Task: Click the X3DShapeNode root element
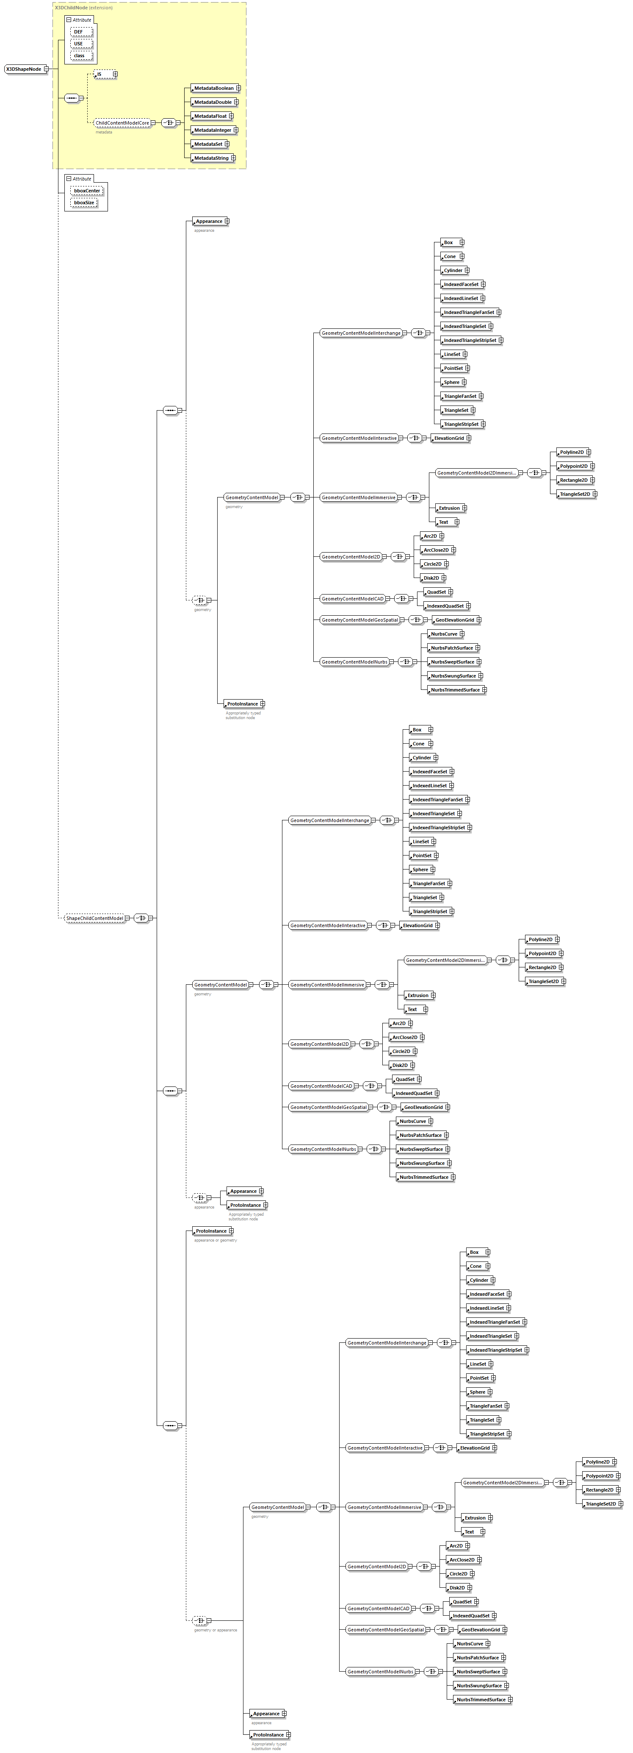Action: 24,69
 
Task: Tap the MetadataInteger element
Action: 212,130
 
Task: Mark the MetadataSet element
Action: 207,144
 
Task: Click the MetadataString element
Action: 211,158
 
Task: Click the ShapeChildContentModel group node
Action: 94,918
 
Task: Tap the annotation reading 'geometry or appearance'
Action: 216,1630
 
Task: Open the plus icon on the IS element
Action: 115,74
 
